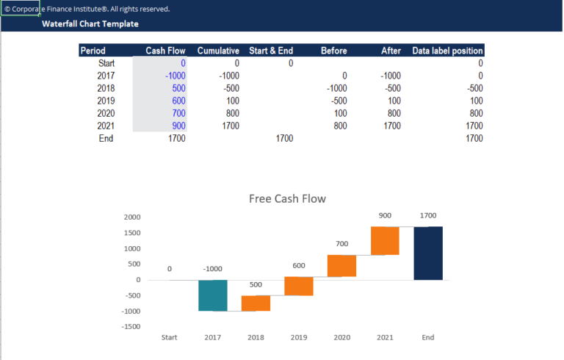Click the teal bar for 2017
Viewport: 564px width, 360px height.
click(x=213, y=295)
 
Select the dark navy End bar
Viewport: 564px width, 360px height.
click(x=428, y=253)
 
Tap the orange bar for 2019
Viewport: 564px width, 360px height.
click(x=299, y=286)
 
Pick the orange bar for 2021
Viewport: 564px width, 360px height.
click(x=385, y=240)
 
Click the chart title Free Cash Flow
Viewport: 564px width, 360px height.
click(x=287, y=198)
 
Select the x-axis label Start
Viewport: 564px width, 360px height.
click(x=170, y=337)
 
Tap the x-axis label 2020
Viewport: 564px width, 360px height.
click(x=342, y=337)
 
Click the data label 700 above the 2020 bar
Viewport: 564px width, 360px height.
click(x=342, y=243)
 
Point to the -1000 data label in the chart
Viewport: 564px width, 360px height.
click(x=213, y=269)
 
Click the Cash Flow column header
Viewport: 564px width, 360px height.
click(x=165, y=51)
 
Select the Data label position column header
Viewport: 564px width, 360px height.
click(x=447, y=51)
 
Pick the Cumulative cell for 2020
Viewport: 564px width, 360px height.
click(x=231, y=113)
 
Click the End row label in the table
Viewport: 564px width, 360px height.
click(x=106, y=138)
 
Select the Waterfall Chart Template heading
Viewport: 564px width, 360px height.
click(x=90, y=24)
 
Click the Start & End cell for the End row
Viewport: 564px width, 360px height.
click(x=284, y=138)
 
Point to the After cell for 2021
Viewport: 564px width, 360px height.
click(x=391, y=126)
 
